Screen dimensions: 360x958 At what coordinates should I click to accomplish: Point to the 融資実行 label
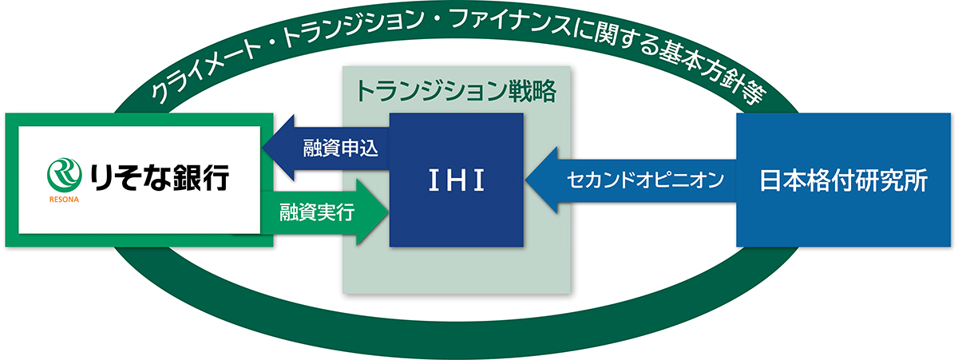point(318,212)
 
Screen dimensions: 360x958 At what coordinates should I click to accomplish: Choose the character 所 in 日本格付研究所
point(916,180)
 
